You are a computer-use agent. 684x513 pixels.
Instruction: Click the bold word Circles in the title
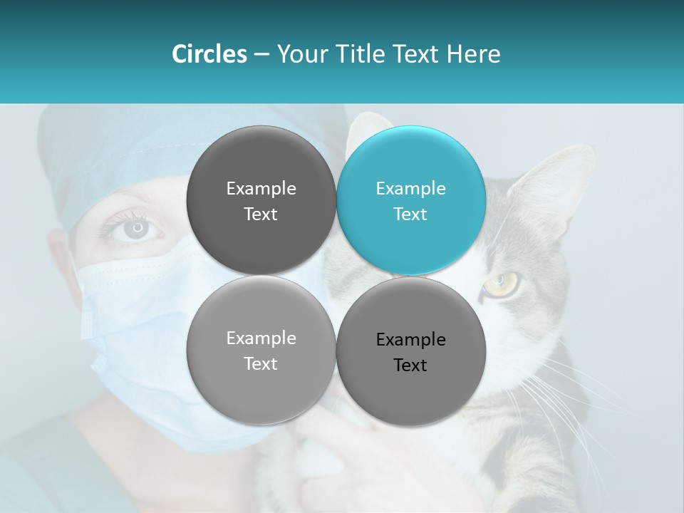coord(209,54)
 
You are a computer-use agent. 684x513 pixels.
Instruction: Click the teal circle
coord(411,200)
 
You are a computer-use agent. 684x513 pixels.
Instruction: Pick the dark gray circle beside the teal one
coord(261,200)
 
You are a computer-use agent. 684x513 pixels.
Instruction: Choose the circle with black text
coord(411,351)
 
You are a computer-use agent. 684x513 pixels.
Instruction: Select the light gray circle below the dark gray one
coord(261,350)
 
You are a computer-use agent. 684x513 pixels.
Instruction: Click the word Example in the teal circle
coord(410,188)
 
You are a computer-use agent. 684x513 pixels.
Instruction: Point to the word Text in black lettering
coord(410,365)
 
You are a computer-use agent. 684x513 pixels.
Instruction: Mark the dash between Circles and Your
coord(261,54)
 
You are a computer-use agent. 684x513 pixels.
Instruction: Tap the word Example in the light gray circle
coord(261,338)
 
